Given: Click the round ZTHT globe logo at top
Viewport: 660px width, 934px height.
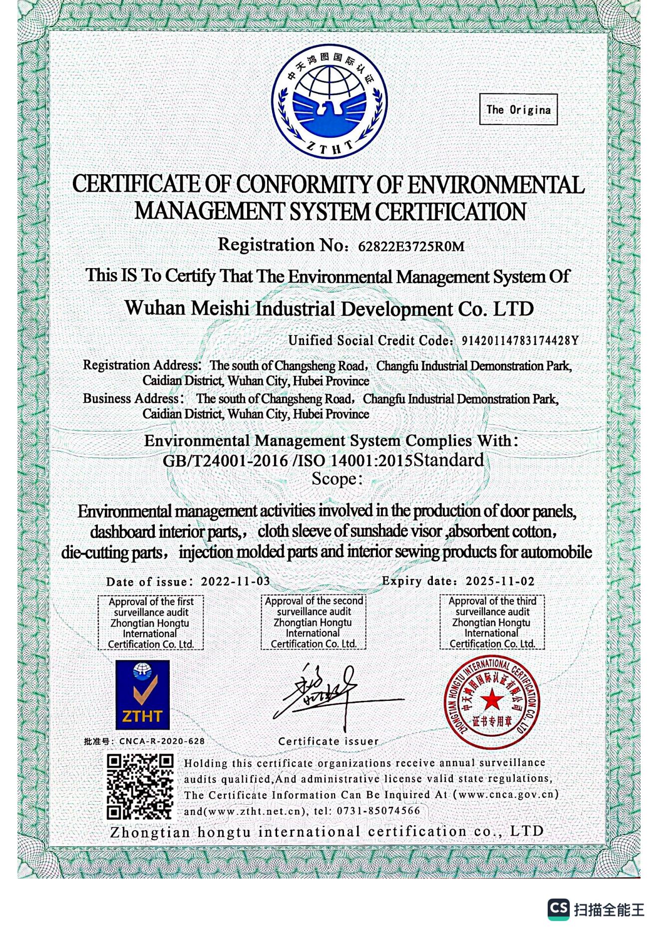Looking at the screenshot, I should click(x=330, y=102).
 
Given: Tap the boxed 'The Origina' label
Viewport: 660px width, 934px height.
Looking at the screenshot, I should click(x=518, y=109).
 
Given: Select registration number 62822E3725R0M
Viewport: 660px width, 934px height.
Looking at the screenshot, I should click(x=411, y=247).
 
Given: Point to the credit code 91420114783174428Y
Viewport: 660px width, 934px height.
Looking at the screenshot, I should click(x=520, y=341).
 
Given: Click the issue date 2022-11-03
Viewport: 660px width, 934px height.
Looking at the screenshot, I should click(x=235, y=582).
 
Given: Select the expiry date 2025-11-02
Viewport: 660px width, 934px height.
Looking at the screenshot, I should click(x=500, y=582).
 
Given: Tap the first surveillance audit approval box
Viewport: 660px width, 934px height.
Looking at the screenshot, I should click(x=151, y=623).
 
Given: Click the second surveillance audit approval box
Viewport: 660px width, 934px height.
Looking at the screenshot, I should click(x=314, y=622).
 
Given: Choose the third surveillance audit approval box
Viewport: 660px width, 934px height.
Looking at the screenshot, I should click(x=492, y=622).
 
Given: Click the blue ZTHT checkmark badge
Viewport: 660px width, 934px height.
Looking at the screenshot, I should click(x=143, y=695).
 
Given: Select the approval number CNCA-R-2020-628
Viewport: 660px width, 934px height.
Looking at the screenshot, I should click(x=162, y=741).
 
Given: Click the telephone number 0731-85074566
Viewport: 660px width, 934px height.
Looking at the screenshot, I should click(x=378, y=811).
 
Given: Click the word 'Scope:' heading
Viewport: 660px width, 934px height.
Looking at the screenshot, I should click(x=337, y=479).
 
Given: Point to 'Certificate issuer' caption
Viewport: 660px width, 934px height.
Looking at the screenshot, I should click(x=329, y=741).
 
